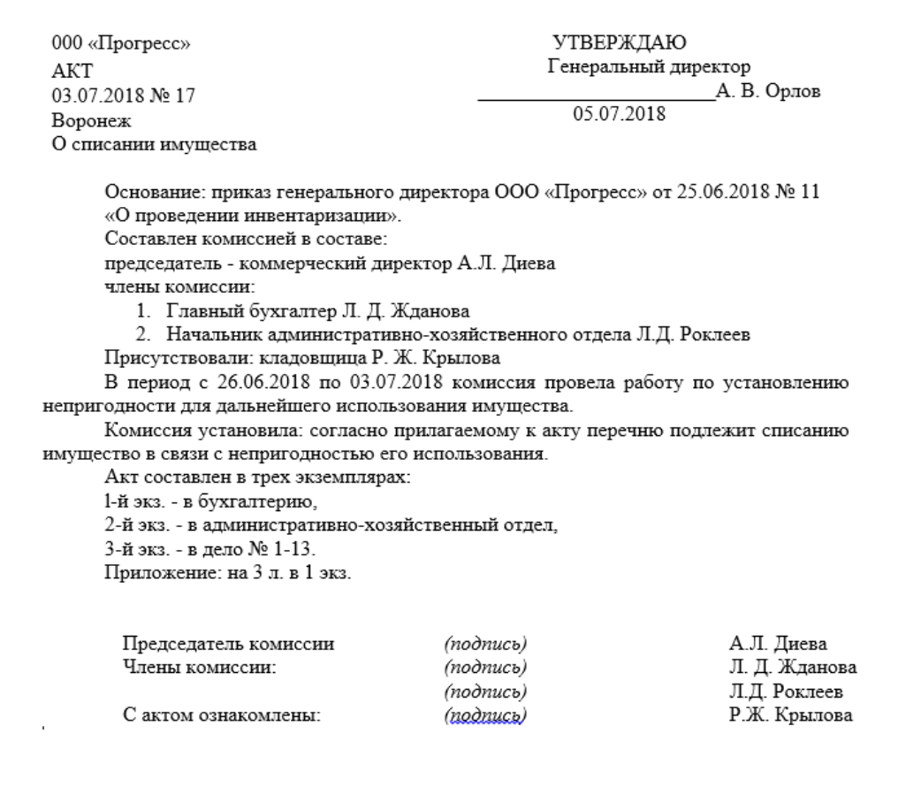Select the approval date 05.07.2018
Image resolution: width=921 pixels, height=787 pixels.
point(620,113)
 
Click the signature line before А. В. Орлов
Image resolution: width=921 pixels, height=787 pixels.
point(596,97)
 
